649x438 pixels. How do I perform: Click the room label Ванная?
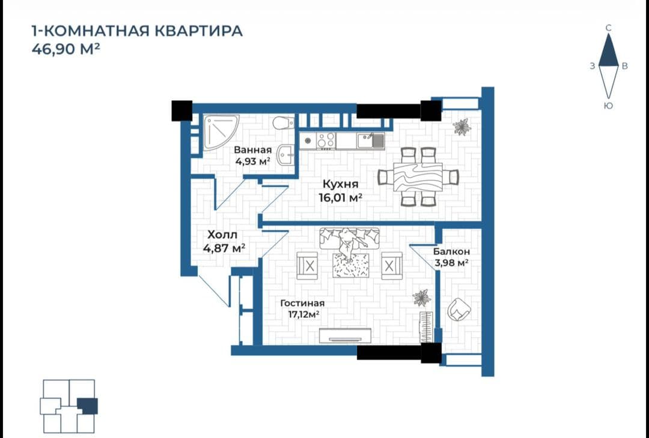pos(252,149)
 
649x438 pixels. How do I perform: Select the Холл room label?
pos(222,235)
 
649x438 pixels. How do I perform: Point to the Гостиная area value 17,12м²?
pos(303,314)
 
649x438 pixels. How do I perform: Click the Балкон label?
pos(451,251)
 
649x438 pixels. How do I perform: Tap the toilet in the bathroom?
pos(284,122)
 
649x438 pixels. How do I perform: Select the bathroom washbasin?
pos(285,155)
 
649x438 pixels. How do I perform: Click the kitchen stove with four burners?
pos(326,140)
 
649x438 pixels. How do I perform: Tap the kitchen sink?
pos(371,141)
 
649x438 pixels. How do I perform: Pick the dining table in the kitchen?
pos(418,176)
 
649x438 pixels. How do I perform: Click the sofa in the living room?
pos(349,238)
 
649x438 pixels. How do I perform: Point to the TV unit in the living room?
pos(345,335)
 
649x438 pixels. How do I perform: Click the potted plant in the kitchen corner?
pos(462,127)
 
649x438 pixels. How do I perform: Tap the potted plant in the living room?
pos(422,298)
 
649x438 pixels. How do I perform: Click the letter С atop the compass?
pos(608,28)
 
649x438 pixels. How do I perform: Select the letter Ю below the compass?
pos(608,106)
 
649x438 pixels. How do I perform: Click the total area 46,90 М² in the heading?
pos(66,49)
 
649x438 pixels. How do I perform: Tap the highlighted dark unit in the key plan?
pos(87,406)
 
